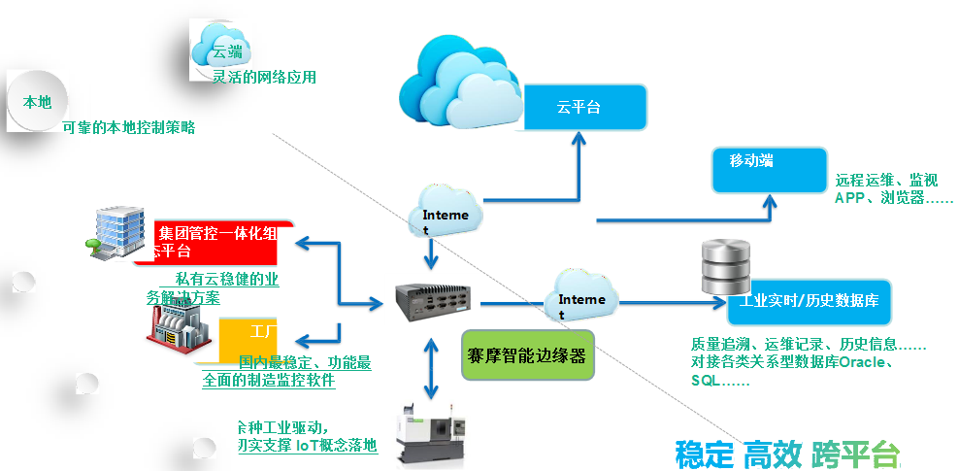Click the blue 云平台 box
(x=584, y=107)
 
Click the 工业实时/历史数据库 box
(x=809, y=302)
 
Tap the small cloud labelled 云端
(x=221, y=46)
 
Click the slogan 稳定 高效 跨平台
(x=787, y=453)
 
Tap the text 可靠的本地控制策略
(x=128, y=127)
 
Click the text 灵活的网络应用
(x=264, y=78)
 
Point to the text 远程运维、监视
(x=886, y=181)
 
